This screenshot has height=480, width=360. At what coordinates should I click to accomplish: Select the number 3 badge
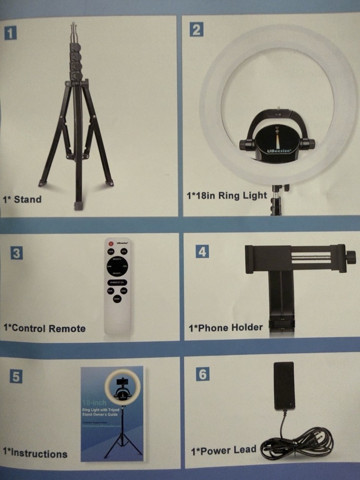(16, 253)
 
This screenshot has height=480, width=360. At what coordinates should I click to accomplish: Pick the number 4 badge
(202, 251)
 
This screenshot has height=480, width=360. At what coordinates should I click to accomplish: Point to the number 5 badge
(16, 377)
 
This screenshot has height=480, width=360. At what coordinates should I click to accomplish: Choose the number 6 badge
(203, 374)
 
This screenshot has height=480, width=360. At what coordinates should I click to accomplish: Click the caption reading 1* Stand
(22, 199)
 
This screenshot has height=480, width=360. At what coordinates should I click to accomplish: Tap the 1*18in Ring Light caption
(226, 195)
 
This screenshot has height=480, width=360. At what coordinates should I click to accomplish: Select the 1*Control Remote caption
(44, 328)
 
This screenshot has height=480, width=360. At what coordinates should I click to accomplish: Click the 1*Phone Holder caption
(225, 327)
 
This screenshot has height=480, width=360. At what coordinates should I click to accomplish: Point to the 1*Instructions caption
(35, 453)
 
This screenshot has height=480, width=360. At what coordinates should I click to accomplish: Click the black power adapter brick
(284, 386)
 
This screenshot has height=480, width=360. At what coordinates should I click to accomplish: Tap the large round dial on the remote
(117, 266)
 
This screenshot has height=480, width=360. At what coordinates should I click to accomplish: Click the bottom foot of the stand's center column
(78, 205)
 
